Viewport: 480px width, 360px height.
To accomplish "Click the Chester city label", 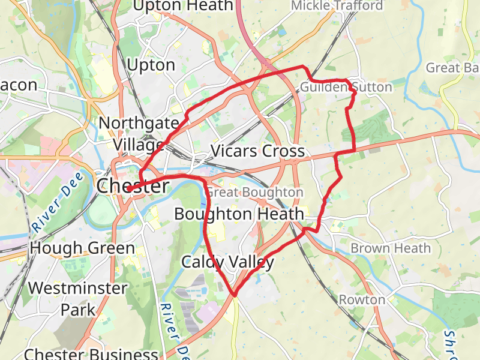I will click(x=133, y=186).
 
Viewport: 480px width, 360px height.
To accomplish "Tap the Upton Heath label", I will click(x=182, y=6).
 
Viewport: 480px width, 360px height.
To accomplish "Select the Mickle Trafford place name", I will click(x=337, y=5).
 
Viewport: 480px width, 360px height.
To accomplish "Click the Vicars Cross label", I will click(x=258, y=151).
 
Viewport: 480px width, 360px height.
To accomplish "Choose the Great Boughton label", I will click(x=255, y=193).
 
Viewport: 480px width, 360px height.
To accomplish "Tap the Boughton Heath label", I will click(x=239, y=214).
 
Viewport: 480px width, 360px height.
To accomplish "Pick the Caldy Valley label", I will click(x=227, y=262).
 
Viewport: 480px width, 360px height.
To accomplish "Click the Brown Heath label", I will click(x=391, y=248).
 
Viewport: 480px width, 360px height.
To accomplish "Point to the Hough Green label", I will click(x=82, y=248).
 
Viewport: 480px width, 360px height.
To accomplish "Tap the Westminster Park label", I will click(x=78, y=299).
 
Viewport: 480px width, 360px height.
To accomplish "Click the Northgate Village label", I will click(x=139, y=134).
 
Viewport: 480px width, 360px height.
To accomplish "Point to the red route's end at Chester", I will click(x=128, y=190).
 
